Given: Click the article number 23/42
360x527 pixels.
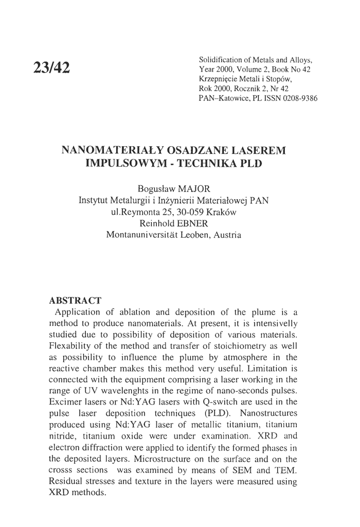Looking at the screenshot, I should click(x=52, y=67).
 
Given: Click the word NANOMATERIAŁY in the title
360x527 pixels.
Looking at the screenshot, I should click(x=112, y=151).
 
